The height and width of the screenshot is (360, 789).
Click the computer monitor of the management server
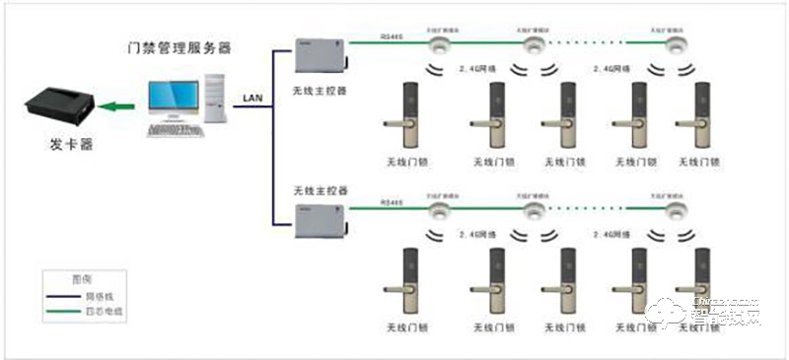pyautogui.click(x=168, y=96)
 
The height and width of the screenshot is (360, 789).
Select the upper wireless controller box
pyautogui.click(x=321, y=56)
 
